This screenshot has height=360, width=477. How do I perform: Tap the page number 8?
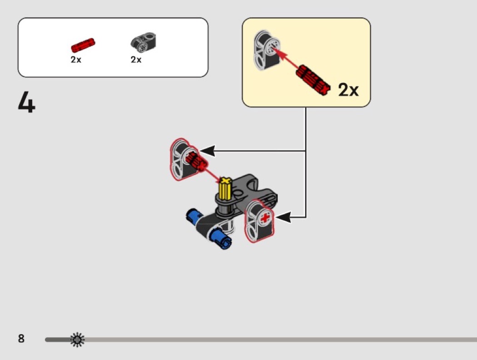[21, 339]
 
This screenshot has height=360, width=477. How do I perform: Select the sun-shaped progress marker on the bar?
[78, 340]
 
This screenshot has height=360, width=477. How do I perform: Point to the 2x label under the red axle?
[76, 59]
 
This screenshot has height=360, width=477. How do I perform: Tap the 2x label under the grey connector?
[136, 59]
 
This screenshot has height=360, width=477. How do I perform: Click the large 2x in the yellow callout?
[348, 90]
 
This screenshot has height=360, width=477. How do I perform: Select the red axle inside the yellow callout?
[314, 80]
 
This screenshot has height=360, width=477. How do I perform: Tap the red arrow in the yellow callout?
[286, 59]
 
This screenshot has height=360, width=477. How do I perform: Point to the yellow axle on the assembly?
[225, 189]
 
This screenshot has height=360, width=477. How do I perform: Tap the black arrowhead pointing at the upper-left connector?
[208, 151]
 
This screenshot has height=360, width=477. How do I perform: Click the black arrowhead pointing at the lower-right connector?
[283, 217]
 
